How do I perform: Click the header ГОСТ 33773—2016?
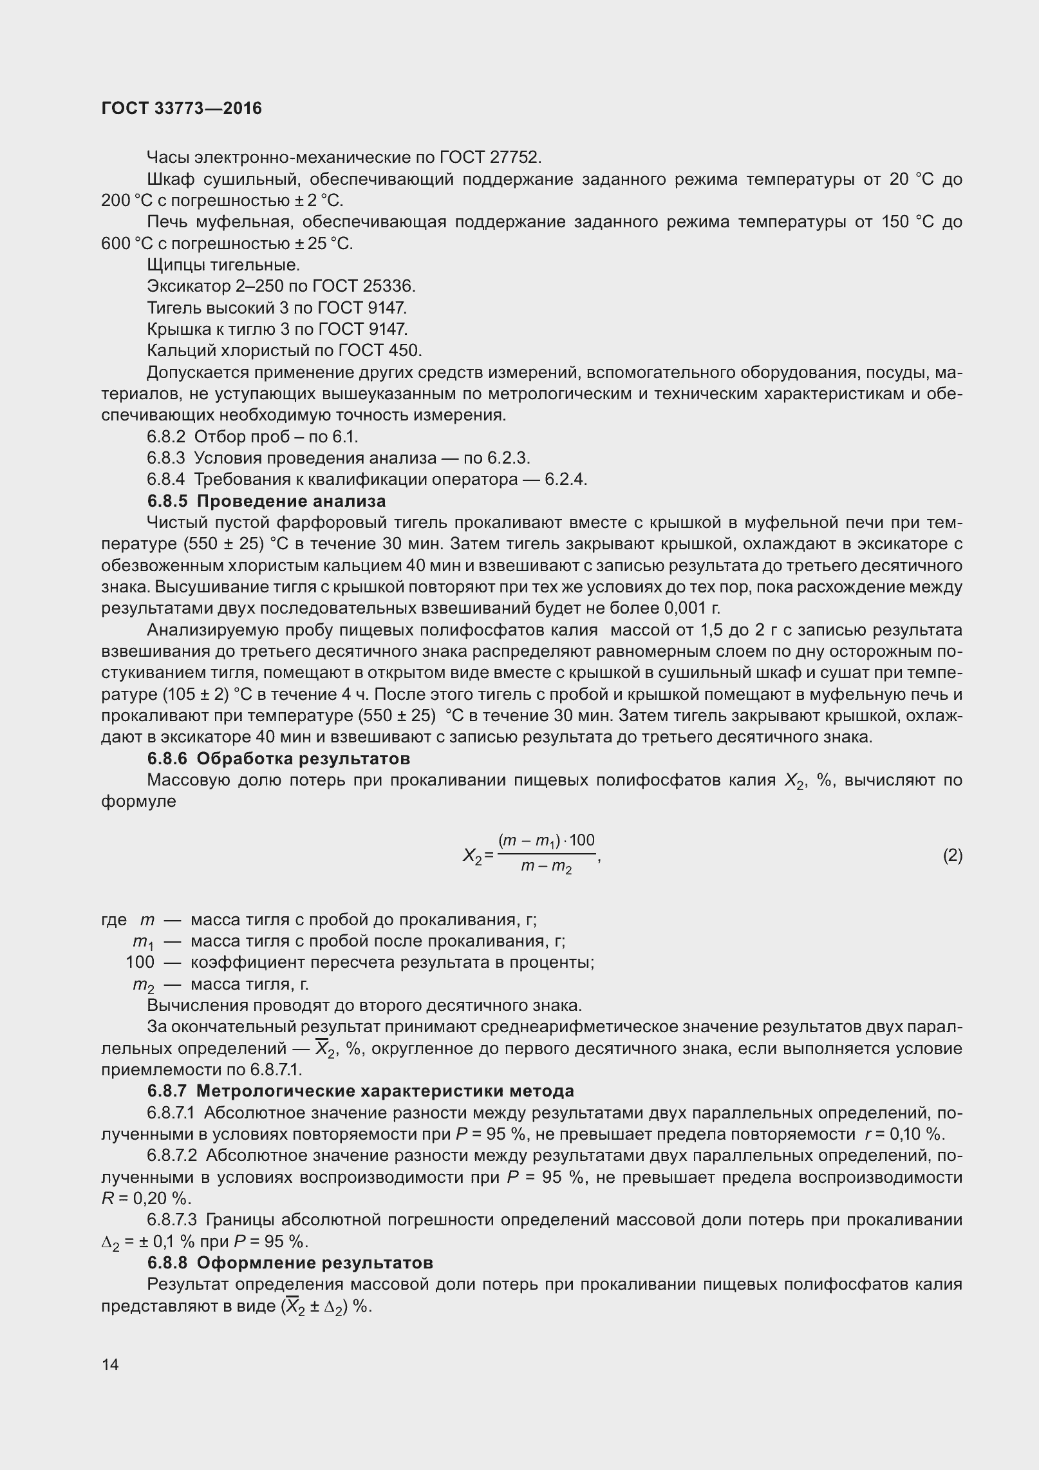tap(182, 109)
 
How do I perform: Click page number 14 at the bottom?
tap(110, 1364)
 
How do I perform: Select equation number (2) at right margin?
tap(952, 855)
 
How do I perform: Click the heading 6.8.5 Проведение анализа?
tap(267, 501)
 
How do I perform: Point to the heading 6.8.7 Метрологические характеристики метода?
tap(360, 1091)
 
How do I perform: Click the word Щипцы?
tap(169, 265)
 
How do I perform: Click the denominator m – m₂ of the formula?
tap(546, 868)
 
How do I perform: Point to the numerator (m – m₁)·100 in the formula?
tap(546, 841)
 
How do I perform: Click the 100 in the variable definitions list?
tap(140, 962)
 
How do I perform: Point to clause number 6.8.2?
tap(166, 437)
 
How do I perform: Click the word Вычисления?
tap(190, 1005)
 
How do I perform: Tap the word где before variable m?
tap(114, 919)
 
